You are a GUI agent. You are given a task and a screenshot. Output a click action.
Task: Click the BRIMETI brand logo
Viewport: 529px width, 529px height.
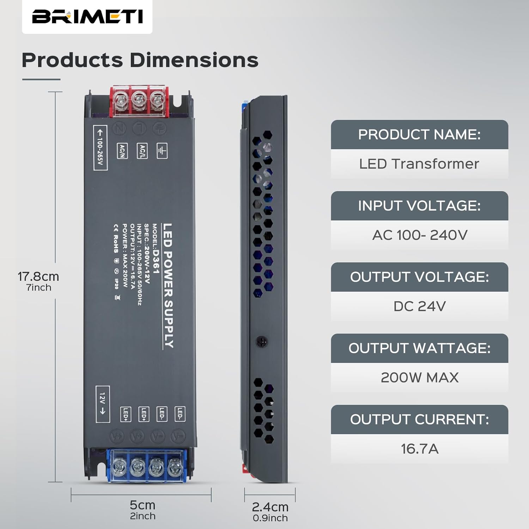pyautogui.click(x=87, y=17)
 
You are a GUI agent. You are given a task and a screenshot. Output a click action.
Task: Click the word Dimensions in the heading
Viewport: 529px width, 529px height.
pyautogui.click(x=194, y=60)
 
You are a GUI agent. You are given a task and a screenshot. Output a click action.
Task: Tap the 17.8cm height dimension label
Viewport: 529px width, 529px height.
pyautogui.click(x=38, y=276)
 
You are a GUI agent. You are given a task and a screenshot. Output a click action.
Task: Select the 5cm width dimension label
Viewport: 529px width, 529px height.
pyautogui.click(x=142, y=505)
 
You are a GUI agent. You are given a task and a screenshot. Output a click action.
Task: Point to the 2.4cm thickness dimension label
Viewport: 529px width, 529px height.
pyautogui.click(x=270, y=507)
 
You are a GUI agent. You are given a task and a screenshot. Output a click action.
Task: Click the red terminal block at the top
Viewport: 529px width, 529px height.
pyautogui.click(x=139, y=101)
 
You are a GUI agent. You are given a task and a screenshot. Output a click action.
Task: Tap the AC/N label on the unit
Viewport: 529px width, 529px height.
pyautogui.click(x=122, y=151)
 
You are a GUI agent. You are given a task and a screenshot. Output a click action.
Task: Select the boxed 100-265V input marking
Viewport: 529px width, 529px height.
pyautogui.click(x=100, y=147)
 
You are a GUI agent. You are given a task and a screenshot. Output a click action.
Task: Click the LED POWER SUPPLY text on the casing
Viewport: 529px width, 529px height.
pyautogui.click(x=168, y=286)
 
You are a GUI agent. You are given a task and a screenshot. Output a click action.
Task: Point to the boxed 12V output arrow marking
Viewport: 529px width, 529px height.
pyautogui.click(x=103, y=404)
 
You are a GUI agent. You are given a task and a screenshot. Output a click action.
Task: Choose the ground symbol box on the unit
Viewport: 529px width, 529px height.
pyautogui.click(x=162, y=151)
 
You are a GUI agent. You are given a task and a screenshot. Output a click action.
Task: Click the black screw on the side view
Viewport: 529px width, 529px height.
pyautogui.click(x=261, y=341)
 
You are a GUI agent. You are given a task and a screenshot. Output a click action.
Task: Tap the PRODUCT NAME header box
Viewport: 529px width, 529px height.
pyautogui.click(x=419, y=134)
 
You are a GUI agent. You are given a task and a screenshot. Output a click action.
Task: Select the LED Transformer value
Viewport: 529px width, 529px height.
pyautogui.click(x=419, y=164)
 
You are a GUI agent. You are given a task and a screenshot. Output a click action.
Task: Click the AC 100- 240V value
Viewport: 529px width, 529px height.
pyautogui.click(x=419, y=235)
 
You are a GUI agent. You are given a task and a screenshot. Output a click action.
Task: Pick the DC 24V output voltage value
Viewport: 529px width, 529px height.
pyautogui.click(x=419, y=306)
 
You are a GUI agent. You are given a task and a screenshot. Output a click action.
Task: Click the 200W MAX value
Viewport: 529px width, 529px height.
pyautogui.click(x=419, y=378)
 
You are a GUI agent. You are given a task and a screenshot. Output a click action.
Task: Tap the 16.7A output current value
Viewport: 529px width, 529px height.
pyautogui.click(x=419, y=449)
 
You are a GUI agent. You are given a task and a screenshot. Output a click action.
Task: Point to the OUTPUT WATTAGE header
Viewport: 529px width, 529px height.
pyautogui.click(x=419, y=348)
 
